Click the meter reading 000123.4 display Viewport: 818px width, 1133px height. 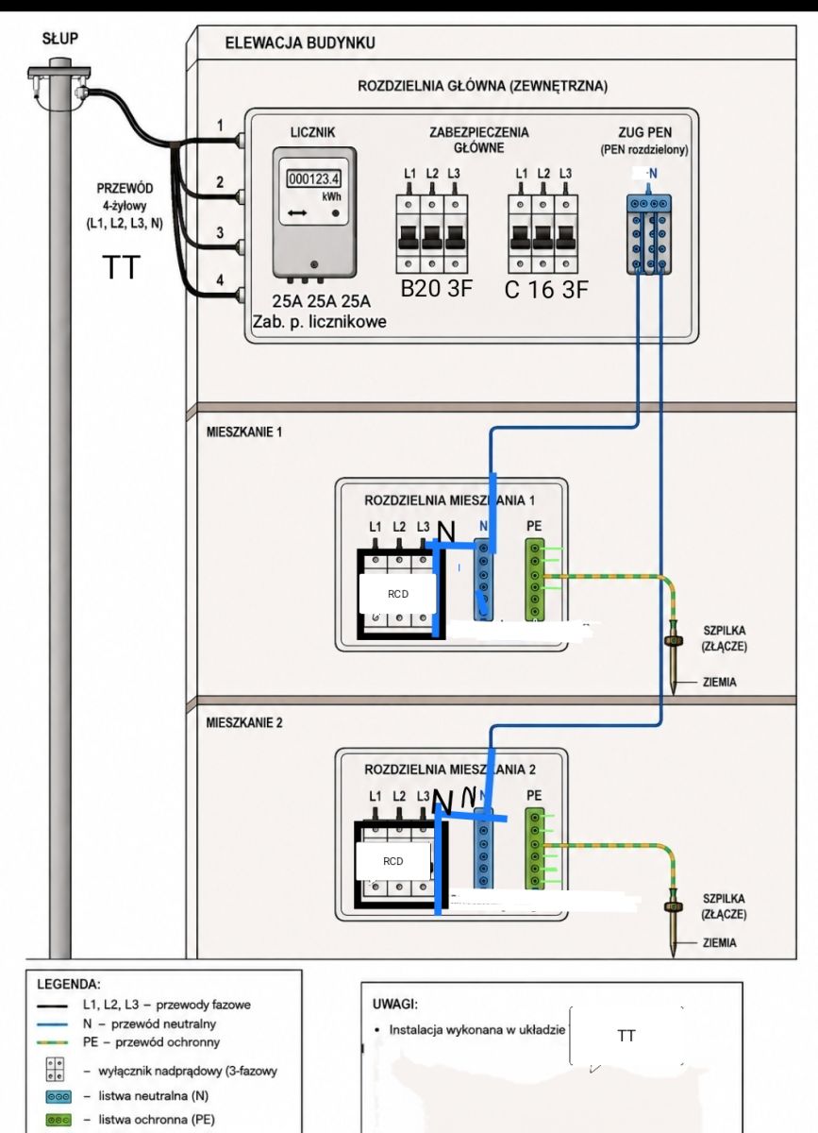(x=314, y=179)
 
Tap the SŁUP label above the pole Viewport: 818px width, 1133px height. (x=60, y=39)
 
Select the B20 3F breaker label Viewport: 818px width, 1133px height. (x=436, y=288)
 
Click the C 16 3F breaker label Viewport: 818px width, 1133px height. (x=546, y=290)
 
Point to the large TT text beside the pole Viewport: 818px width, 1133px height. (x=122, y=267)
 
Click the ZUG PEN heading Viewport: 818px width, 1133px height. (x=645, y=132)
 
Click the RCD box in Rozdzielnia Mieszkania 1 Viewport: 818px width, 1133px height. (x=397, y=594)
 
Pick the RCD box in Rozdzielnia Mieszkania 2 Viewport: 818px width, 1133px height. (x=393, y=861)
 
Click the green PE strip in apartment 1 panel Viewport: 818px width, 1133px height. (x=534, y=579)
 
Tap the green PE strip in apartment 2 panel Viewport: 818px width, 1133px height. (x=534, y=848)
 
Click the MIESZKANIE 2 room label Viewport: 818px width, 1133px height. (x=244, y=723)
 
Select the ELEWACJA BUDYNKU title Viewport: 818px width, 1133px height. (x=300, y=43)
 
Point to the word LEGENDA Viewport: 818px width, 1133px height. (x=69, y=984)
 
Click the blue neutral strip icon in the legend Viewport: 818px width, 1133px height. (x=58, y=1096)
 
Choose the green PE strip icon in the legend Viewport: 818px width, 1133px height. (x=58, y=1120)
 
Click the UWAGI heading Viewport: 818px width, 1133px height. (x=395, y=1004)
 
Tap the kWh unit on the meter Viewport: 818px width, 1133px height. (x=332, y=196)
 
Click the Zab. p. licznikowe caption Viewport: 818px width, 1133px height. (x=320, y=322)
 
